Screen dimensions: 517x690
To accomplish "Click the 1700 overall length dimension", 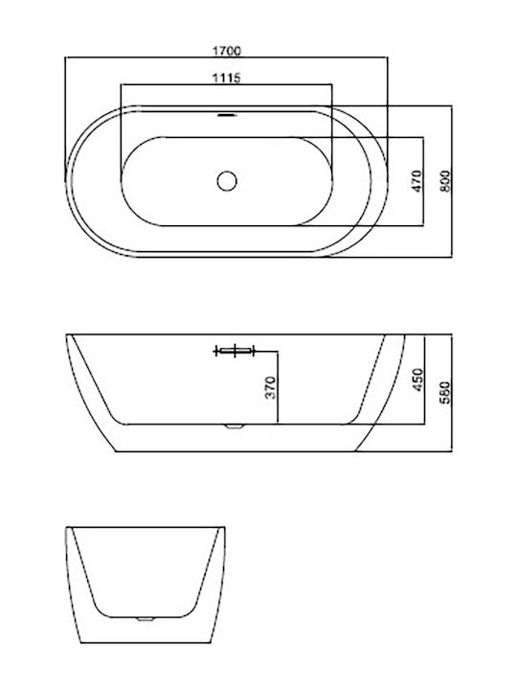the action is pos(227,51).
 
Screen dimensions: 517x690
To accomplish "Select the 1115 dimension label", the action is pos(227,78).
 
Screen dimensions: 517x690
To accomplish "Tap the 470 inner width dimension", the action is pos(417,181).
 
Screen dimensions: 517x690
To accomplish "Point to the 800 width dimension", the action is pos(445,181).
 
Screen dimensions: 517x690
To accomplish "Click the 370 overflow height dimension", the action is pos(271,387).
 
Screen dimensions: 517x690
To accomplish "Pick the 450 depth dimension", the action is pos(417,379).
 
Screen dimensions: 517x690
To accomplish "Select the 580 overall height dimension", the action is pos(445,393).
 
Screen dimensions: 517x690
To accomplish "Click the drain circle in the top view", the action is pos(227,181).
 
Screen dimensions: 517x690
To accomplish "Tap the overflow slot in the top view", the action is pos(227,115).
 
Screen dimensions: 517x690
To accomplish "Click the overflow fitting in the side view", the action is pos(235,351).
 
